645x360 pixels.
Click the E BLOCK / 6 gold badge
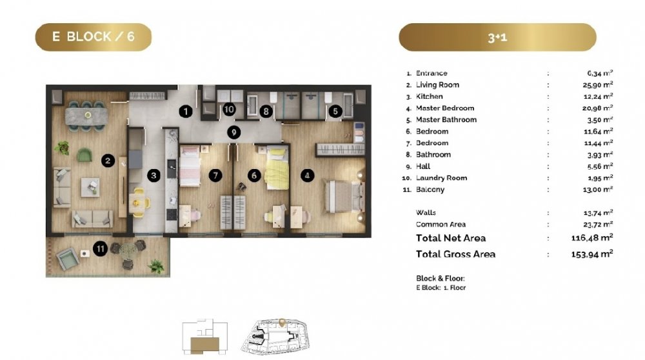coord(94,37)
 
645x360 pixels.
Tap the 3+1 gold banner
coord(497,37)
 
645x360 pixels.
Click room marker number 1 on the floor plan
coord(186,111)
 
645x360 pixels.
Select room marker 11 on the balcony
coord(101,248)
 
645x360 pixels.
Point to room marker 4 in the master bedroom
coord(307,175)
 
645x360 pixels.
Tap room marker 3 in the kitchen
coord(154,175)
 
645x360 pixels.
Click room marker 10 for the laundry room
coord(229,110)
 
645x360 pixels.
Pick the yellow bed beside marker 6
coord(277,168)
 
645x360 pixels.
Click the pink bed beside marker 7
coord(190,166)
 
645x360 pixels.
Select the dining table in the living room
coord(87,115)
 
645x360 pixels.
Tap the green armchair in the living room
coord(84,155)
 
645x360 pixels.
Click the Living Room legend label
coord(437,85)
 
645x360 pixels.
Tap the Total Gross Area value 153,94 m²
coord(592,254)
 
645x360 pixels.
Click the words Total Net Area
coord(451,238)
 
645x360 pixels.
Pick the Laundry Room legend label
coord(441,178)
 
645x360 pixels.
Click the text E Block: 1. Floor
coord(441,288)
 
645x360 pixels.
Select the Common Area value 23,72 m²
coord(598,225)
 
